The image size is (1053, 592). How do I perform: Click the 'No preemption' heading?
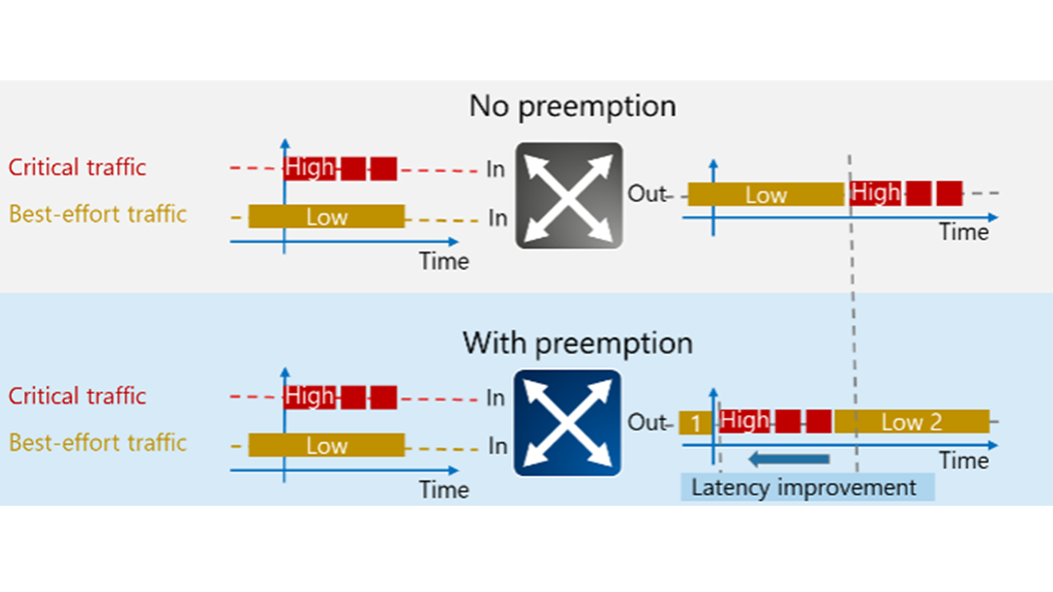572,105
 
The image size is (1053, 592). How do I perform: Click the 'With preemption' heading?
577,343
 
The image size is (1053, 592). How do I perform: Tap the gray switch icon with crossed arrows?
568,195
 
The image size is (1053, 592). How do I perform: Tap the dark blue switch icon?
567,423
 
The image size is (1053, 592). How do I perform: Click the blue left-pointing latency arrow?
790,459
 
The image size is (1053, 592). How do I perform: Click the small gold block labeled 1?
694,423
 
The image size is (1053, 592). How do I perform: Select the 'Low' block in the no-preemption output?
766,194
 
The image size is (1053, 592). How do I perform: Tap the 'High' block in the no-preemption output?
876,192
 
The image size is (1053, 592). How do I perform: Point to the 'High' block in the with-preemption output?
745,421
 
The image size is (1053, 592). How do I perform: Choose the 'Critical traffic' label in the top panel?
77,167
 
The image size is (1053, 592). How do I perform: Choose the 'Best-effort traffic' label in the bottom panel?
98,443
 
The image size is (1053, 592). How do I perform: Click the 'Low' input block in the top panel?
326,217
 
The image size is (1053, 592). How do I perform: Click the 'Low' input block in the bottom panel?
326,445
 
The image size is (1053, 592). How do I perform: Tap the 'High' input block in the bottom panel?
310,397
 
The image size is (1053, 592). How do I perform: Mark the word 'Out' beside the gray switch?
647,193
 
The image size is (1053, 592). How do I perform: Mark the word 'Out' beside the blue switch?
647,422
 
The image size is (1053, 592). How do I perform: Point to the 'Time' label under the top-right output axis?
963,232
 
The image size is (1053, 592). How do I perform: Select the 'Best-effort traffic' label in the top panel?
98,214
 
